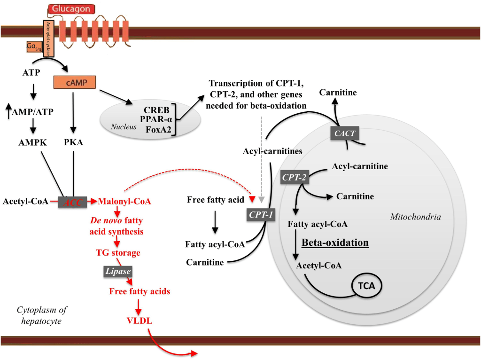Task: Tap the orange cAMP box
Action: pyautogui.click(x=75, y=82)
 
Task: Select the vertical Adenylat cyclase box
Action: pyautogui.click(x=48, y=39)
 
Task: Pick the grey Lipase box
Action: pyautogui.click(x=117, y=271)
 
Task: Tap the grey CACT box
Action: pyautogui.click(x=344, y=133)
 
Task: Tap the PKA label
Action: pyautogui.click(x=73, y=142)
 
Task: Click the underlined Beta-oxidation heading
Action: pyautogui.click(x=335, y=243)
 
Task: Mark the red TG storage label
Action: pyautogui.click(x=118, y=253)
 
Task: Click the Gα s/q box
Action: pyautogui.click(x=34, y=47)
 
